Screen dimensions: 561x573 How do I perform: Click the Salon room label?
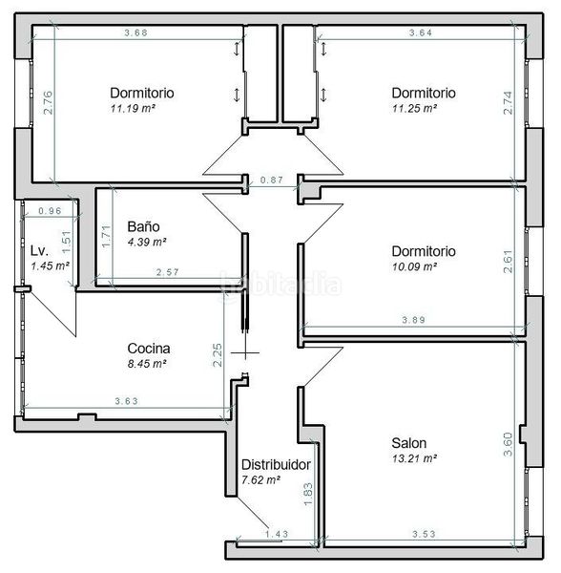click(x=408, y=443)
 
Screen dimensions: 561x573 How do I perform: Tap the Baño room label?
click(x=143, y=226)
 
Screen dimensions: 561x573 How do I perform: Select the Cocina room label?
click(x=149, y=349)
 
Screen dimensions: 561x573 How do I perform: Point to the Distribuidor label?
click(x=276, y=464)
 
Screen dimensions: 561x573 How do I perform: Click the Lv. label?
click(x=39, y=250)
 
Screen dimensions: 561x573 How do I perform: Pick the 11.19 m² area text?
click(x=133, y=109)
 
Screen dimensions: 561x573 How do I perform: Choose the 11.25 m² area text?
click(x=415, y=109)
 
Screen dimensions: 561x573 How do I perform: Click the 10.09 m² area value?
click(x=415, y=266)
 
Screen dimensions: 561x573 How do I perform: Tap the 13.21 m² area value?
click(x=415, y=458)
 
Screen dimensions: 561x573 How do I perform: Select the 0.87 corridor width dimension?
click(x=272, y=180)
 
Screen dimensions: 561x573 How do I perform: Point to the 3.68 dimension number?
click(x=135, y=32)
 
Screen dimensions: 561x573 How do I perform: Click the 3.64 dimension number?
click(x=421, y=32)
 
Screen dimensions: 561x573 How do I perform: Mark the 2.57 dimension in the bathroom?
click(x=168, y=272)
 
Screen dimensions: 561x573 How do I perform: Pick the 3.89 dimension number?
click(x=413, y=320)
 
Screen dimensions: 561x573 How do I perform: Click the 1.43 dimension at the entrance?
click(x=277, y=534)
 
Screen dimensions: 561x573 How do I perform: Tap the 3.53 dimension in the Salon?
click(x=425, y=534)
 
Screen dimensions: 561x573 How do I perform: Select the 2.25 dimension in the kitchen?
click(x=218, y=355)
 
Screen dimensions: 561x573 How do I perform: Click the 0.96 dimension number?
click(x=50, y=211)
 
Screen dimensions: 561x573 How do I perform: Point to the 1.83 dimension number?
click(x=308, y=494)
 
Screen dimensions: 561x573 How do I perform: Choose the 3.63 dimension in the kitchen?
click(x=127, y=401)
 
